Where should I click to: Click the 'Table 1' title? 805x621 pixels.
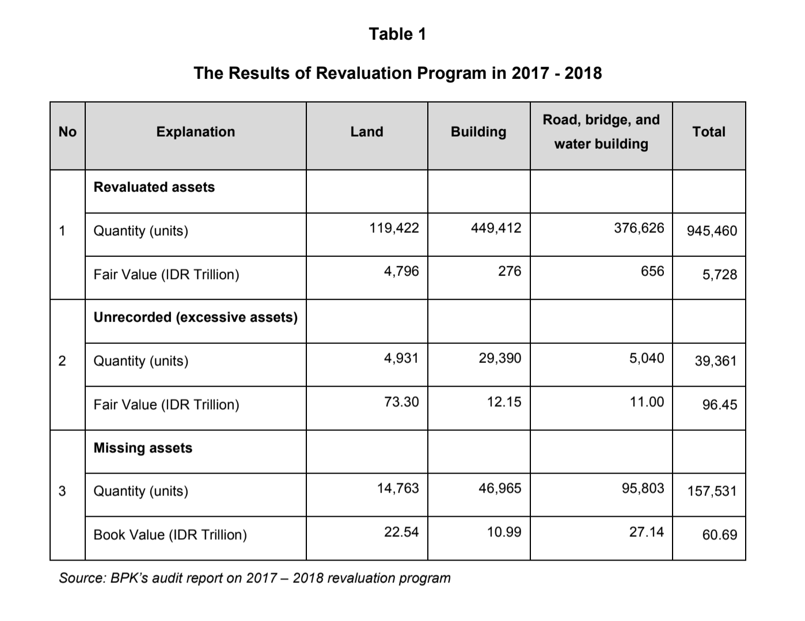[x=397, y=35]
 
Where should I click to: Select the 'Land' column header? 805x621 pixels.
[x=367, y=132]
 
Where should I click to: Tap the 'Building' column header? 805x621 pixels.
[x=479, y=132]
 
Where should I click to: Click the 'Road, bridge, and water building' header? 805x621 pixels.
[x=601, y=132]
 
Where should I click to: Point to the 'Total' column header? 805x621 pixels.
[x=709, y=132]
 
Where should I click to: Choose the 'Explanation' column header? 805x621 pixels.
[x=196, y=132]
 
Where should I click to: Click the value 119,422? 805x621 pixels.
[x=394, y=228]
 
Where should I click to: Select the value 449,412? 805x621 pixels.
[x=496, y=228]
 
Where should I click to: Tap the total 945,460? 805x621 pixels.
[x=712, y=231]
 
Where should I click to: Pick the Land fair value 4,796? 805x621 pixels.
[x=401, y=271]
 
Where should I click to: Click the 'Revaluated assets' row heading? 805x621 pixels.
[x=154, y=187]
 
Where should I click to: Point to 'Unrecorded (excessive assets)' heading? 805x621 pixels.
[x=196, y=317]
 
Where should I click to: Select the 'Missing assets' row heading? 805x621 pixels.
[x=143, y=448]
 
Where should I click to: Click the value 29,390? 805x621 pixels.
[x=500, y=358]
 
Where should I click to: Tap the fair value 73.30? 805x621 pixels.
[x=401, y=402]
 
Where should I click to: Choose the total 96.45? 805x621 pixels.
[x=719, y=405]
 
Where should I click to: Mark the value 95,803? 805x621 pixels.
[x=643, y=488]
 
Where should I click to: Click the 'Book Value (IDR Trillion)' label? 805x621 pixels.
[x=170, y=535]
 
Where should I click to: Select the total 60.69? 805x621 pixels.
[x=719, y=535]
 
